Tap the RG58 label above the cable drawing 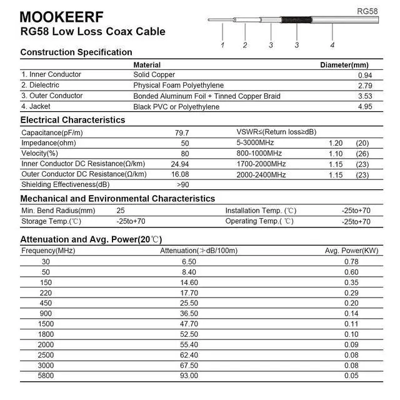[367, 11]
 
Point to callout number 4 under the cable [332, 45]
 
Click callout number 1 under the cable [222, 45]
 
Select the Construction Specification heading [76, 52]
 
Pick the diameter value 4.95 [364, 107]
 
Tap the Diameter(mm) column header [344, 65]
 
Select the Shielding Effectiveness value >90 [182, 184]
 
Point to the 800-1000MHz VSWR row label [259, 153]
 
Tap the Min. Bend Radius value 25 [121, 211]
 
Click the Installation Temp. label [260, 211]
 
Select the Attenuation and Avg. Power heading [91, 239]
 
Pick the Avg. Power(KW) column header [351, 251]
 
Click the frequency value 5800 [46, 376]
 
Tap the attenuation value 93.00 [189, 376]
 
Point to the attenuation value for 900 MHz [189, 313]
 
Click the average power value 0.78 [351, 261]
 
